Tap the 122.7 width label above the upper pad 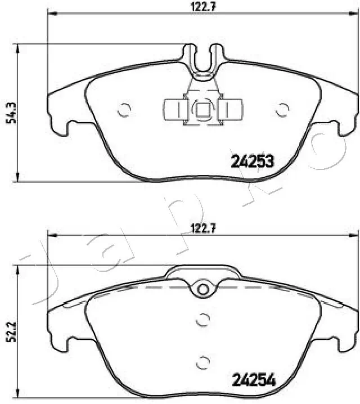(x=202, y=7)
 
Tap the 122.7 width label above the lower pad (x=202, y=228)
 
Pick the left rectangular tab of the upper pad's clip (x=174, y=109)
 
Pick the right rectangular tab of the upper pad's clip (x=231, y=109)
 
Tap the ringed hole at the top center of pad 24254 (x=202, y=289)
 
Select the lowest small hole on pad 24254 (x=203, y=361)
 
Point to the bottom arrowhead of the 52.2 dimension (x=20, y=393)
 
